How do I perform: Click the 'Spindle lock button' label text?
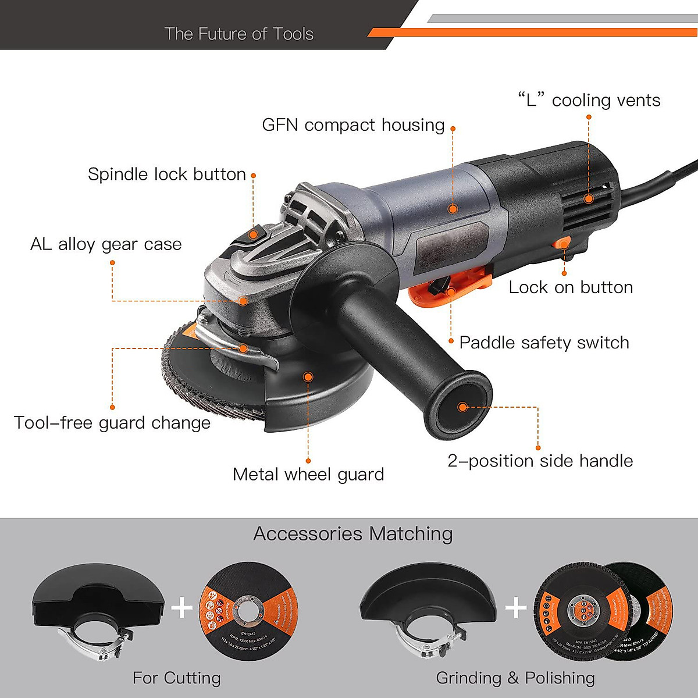point(167,174)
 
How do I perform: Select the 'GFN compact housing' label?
point(353,125)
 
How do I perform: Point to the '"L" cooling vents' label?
point(589,101)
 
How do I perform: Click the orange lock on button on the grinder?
point(562,243)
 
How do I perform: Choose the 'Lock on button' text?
point(571,287)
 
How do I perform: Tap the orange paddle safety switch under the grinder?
point(448,287)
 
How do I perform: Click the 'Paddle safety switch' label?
point(544,343)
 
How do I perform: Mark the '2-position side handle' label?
point(540,461)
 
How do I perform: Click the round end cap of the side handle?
point(462,407)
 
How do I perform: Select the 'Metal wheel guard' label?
point(308,475)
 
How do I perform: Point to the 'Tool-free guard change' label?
point(112,423)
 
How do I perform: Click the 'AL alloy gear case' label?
point(106,244)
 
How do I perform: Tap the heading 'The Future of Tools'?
point(238,34)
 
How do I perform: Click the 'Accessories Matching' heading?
point(353,534)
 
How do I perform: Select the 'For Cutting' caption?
point(177,678)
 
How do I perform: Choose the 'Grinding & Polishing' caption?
point(515,678)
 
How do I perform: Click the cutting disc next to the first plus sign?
point(249,611)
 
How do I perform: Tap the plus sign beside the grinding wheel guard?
point(516,608)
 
